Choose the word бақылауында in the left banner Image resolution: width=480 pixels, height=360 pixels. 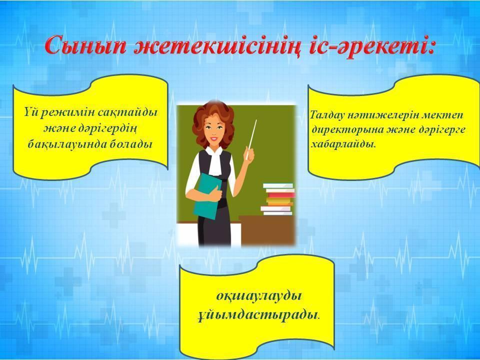coord(67,144)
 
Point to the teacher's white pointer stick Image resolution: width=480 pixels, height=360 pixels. coord(251,139)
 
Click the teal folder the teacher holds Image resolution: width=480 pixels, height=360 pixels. coord(207,196)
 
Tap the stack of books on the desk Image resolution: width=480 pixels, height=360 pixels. coord(277,199)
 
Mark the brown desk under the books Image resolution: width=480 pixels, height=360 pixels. coord(266,230)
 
